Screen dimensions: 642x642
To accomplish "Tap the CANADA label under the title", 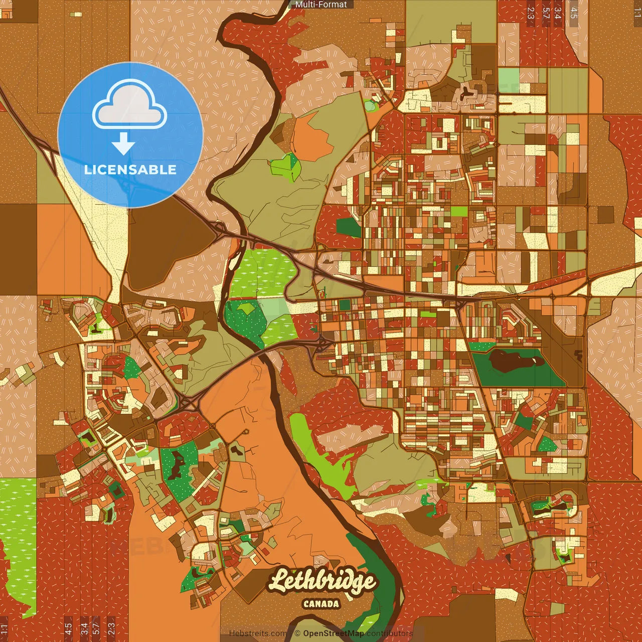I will point(321,604).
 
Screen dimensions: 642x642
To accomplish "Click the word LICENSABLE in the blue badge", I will point(130,170).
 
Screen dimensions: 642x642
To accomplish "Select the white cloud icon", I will point(129,104).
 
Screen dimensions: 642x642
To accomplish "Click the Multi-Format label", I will point(321,5).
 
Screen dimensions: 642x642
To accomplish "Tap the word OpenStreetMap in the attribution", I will point(333,633).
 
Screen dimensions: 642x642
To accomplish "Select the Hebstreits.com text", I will point(258,633).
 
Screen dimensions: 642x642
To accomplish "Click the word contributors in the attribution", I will point(389,633).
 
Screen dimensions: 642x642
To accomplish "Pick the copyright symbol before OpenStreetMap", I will point(297,633).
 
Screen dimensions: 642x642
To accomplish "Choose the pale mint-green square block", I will point(509,78).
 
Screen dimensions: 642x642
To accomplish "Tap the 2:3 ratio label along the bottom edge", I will point(111,628).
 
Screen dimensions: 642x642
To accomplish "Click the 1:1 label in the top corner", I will point(637,13).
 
